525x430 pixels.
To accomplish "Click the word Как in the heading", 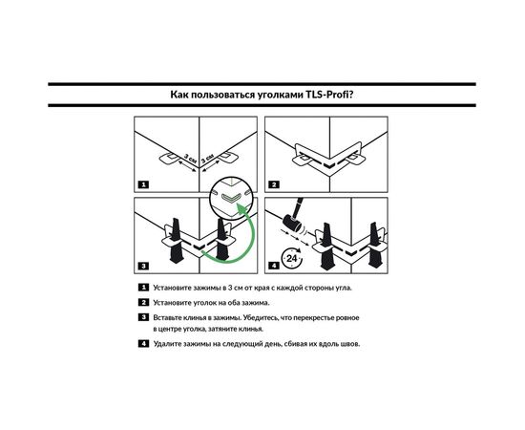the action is click(x=179, y=95).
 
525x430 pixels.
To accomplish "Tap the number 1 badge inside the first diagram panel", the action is click(x=143, y=184).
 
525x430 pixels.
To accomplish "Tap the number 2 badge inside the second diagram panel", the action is click(x=274, y=184).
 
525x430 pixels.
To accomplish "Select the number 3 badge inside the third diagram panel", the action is click(x=143, y=266).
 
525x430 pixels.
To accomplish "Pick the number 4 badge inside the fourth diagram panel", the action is click(x=274, y=266).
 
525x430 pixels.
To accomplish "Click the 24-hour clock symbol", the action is click(x=292, y=258).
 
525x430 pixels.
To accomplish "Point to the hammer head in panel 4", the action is click(x=290, y=223).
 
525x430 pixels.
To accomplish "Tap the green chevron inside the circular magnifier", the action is click(x=230, y=198).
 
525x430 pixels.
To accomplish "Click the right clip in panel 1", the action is click(x=228, y=157).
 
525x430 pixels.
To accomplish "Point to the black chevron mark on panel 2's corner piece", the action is click(x=330, y=164).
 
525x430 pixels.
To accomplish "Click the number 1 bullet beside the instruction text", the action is click(x=143, y=288).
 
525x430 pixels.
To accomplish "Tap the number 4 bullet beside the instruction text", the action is click(x=143, y=344).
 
